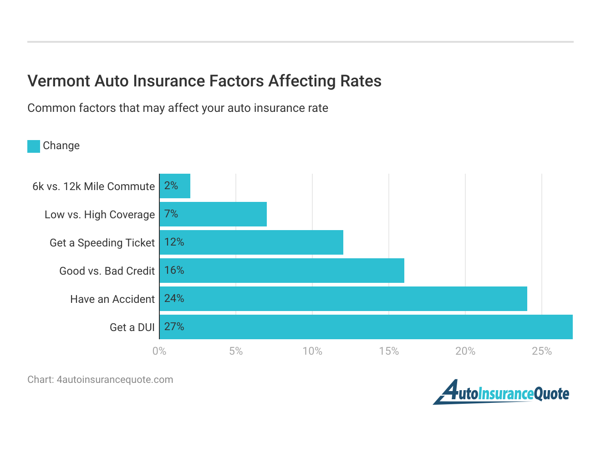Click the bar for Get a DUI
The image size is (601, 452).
(366, 327)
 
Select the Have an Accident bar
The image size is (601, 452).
(343, 299)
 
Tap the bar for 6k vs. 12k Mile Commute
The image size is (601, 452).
(175, 186)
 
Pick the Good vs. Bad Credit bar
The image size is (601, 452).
(282, 271)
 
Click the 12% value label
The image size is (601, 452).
(174, 242)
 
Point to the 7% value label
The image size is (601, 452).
(171, 214)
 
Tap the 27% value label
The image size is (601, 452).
(174, 326)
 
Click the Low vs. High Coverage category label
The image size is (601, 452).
(100, 215)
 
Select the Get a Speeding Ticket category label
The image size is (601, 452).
(102, 243)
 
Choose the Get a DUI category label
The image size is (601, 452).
(132, 327)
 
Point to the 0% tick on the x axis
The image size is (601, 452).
(159, 351)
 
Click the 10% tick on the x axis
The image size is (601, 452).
(312, 351)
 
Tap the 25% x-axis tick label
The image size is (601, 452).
(542, 351)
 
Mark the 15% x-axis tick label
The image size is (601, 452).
(389, 351)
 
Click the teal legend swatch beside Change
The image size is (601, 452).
(34, 146)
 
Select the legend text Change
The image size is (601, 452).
(61, 146)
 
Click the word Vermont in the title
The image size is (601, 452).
(59, 81)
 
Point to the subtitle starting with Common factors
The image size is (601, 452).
(178, 108)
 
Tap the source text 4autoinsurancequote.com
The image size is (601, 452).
(115, 380)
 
